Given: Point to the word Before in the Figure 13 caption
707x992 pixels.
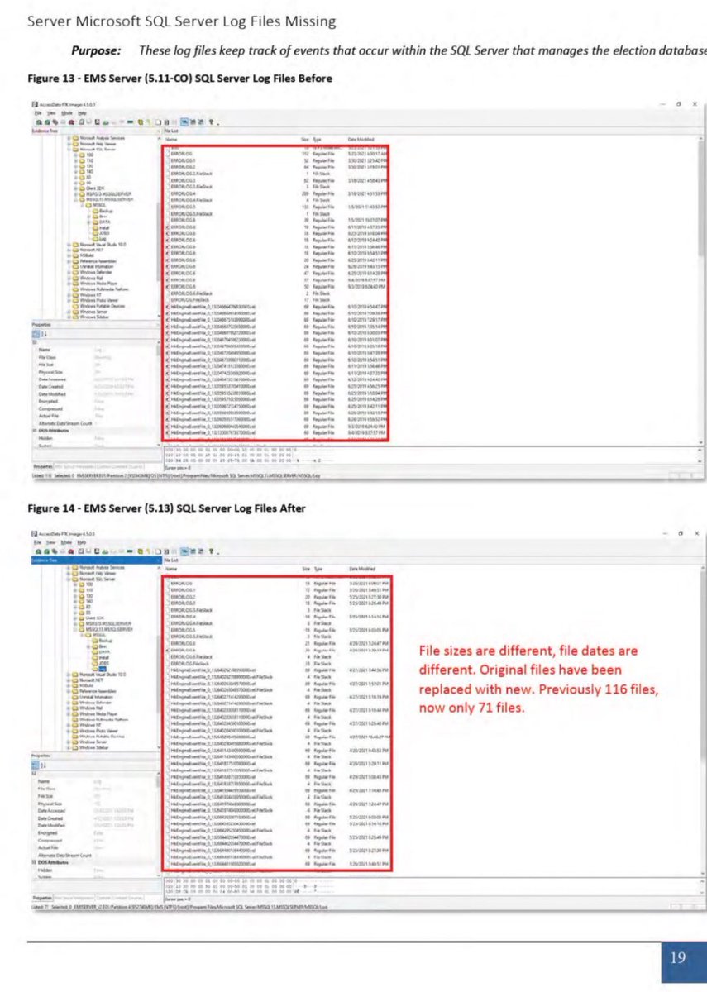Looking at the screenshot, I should click(x=314, y=79).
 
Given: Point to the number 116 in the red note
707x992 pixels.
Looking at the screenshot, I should click(x=622, y=689).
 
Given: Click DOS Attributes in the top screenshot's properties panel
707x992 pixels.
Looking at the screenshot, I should click(x=52, y=431).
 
